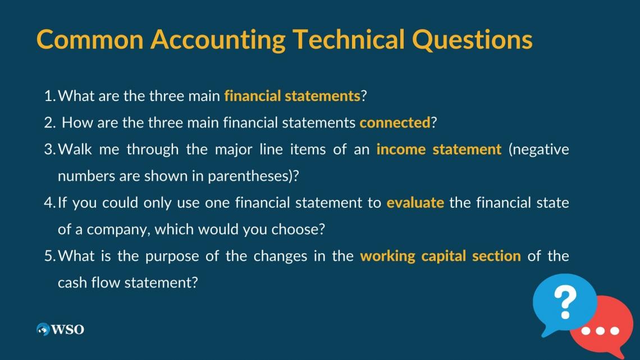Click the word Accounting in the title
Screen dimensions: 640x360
click(x=218, y=40)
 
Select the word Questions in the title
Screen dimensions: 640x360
click(x=472, y=39)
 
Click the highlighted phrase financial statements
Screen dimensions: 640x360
click(x=292, y=96)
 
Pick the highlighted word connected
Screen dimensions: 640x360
click(x=395, y=122)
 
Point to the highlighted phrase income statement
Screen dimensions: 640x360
click(x=439, y=149)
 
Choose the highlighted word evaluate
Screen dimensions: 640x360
click(x=415, y=202)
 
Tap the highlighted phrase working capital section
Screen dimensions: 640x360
click(x=440, y=256)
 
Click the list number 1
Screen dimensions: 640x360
click(x=49, y=97)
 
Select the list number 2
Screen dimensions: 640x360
click(x=49, y=123)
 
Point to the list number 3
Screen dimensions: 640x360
click(x=49, y=149)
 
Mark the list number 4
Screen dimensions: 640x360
click(x=49, y=203)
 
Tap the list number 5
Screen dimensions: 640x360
click(x=49, y=256)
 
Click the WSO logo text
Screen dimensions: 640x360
click(x=68, y=329)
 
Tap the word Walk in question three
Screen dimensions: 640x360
click(x=75, y=149)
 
